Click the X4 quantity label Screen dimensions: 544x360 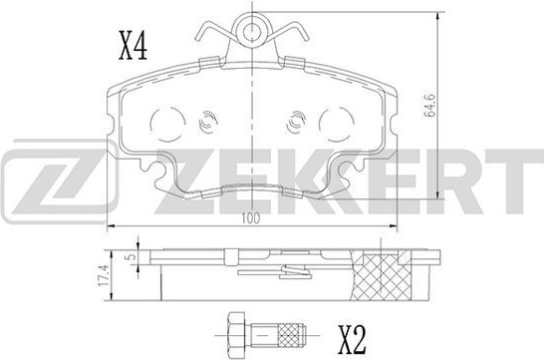pyautogui.click(x=134, y=46)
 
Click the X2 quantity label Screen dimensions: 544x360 pyautogui.click(x=352, y=340)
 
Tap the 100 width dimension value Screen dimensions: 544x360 pyautogui.click(x=251, y=218)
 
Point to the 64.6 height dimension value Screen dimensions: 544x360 pyautogui.click(x=429, y=106)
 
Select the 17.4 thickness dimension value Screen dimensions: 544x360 pyautogui.click(x=104, y=275)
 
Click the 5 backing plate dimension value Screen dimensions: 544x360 pyautogui.click(x=132, y=257)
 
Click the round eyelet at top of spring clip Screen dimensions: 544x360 pyautogui.click(x=252, y=30)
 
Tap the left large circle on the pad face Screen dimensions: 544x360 pyautogui.click(x=167, y=124)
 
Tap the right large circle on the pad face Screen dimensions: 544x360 pyautogui.click(x=337, y=124)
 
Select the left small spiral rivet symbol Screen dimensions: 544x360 pyautogui.click(x=207, y=122)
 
